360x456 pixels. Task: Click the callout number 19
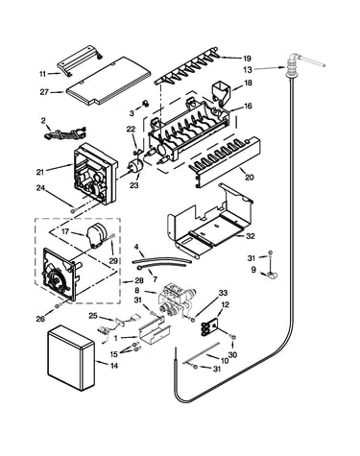[247, 59]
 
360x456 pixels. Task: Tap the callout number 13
[248, 69]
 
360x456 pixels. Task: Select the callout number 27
[44, 92]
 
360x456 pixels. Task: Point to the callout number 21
[39, 172]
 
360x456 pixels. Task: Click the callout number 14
[114, 366]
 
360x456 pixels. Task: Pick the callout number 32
[251, 236]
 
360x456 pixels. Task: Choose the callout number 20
[249, 177]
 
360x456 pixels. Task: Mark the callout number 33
[223, 293]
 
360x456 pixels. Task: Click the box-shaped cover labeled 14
[71, 357]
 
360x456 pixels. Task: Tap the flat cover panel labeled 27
[108, 82]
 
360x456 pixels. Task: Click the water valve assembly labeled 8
[176, 300]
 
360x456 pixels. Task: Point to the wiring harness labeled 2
[65, 132]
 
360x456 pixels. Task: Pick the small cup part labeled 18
[221, 92]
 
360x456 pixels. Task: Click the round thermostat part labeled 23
[134, 166]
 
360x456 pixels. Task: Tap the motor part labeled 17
[97, 236]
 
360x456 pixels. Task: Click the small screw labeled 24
[74, 210]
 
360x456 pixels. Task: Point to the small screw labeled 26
[58, 306]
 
